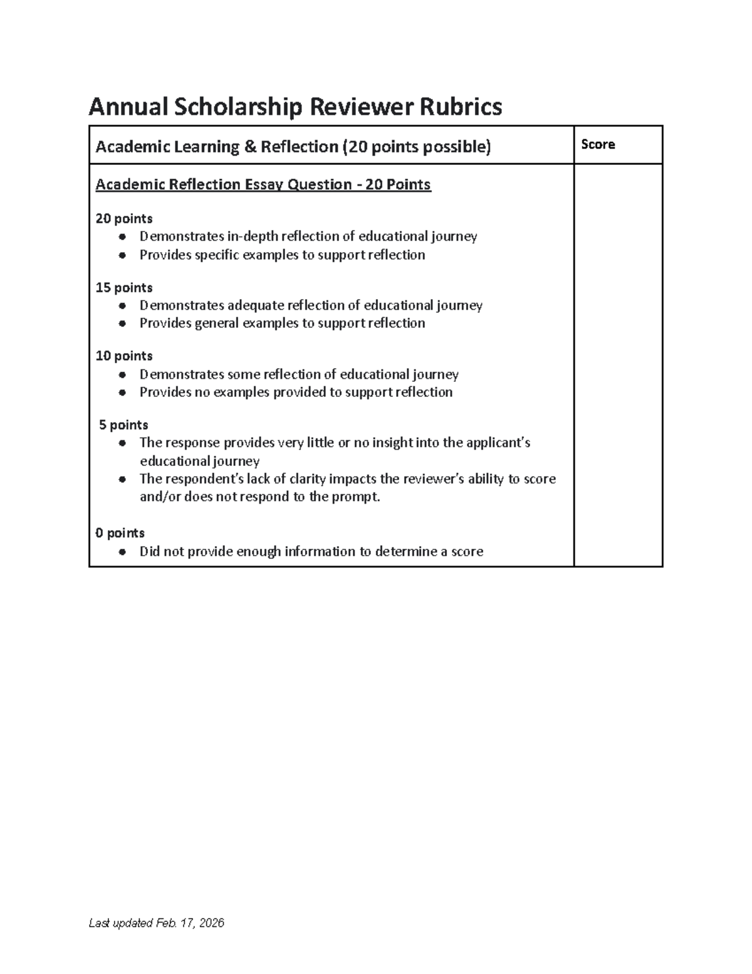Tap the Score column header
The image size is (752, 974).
[x=598, y=145]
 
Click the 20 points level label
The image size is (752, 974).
[x=124, y=219]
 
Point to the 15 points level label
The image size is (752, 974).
[x=124, y=288]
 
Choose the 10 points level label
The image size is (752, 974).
[x=124, y=356]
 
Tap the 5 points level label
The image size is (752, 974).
[x=124, y=425]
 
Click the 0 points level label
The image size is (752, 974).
[x=120, y=533]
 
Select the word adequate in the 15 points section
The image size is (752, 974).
[x=255, y=305]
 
